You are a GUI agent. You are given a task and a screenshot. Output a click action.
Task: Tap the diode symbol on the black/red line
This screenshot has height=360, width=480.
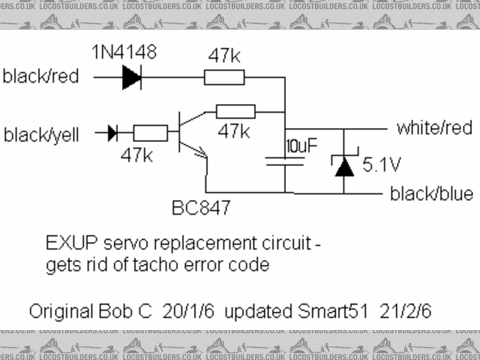[x=132, y=76]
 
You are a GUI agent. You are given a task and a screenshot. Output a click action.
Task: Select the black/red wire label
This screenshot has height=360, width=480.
[x=46, y=76]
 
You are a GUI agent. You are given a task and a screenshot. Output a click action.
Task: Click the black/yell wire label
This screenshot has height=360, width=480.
[x=46, y=135]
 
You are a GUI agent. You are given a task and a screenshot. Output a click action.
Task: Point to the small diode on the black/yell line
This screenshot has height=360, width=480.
[x=112, y=133]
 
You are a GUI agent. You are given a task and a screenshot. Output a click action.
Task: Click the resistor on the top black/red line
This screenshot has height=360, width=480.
[x=224, y=76]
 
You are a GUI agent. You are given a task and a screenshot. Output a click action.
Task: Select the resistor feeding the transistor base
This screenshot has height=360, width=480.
[x=150, y=133]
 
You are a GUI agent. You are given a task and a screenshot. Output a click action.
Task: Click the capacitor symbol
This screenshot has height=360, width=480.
[x=285, y=160]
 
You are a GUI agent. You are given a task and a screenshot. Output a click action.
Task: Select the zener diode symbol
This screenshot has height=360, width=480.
[x=344, y=164]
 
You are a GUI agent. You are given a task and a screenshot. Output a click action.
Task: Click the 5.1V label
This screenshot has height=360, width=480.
[x=382, y=163]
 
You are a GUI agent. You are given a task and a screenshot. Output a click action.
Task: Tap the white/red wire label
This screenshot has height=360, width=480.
[x=434, y=128]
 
